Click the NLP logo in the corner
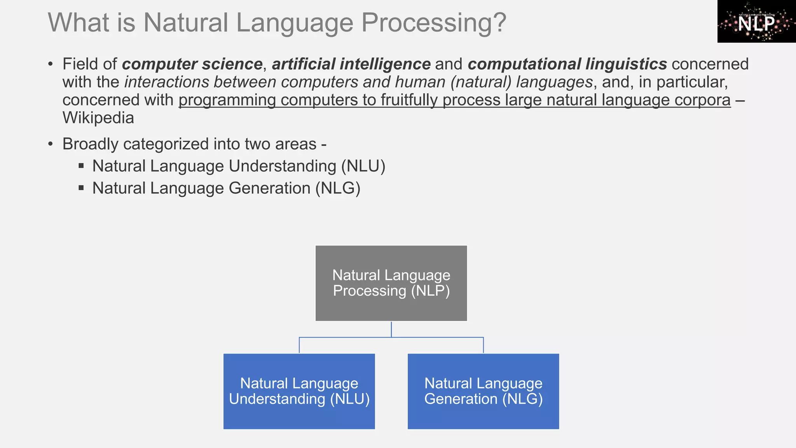756,21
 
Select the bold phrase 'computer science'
192,64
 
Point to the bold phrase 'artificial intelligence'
351,64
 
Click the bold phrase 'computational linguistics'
567,64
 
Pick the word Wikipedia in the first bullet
98,118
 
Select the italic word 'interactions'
166,82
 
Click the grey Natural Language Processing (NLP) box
391,283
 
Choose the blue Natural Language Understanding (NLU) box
299,391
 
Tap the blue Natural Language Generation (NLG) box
483,391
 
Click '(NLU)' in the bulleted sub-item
363,166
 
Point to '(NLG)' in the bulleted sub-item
338,189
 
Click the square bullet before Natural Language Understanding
81,166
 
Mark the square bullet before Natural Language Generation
81,188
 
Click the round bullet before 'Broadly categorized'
51,144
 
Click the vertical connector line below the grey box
391,329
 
